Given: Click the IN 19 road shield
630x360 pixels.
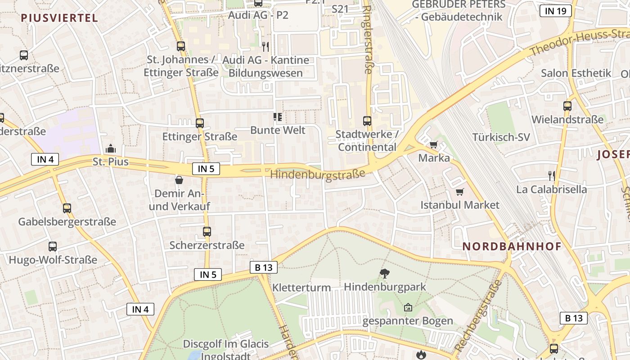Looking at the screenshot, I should [x=555, y=11].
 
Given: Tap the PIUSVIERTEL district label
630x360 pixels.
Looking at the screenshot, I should [x=59, y=18].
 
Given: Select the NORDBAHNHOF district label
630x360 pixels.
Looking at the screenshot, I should [x=512, y=247].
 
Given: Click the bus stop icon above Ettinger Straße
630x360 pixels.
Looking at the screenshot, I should [x=199, y=123].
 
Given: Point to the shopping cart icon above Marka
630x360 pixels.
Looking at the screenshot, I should [x=433, y=145].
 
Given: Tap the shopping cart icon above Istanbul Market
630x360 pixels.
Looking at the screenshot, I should [x=459, y=192].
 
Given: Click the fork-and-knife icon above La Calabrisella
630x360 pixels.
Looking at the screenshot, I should [x=552, y=175].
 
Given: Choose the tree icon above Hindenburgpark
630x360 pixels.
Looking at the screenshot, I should [x=384, y=273].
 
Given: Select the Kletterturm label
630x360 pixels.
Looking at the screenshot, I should [x=301, y=288].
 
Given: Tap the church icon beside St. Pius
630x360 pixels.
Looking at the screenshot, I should [x=110, y=148].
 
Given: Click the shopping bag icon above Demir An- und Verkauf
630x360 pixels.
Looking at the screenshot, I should [x=179, y=180].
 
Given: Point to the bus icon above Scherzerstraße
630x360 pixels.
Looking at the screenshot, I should [x=207, y=232].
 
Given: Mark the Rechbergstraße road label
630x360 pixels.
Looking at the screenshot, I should [x=477, y=316].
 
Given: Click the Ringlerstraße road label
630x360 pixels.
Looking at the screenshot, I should [x=368, y=40].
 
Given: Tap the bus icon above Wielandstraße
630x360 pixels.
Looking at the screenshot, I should [x=567, y=106].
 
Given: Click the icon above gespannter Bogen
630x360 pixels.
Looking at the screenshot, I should [x=408, y=308].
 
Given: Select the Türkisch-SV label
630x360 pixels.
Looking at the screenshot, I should [x=501, y=137].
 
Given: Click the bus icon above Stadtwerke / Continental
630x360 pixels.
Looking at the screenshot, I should [x=367, y=121].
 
